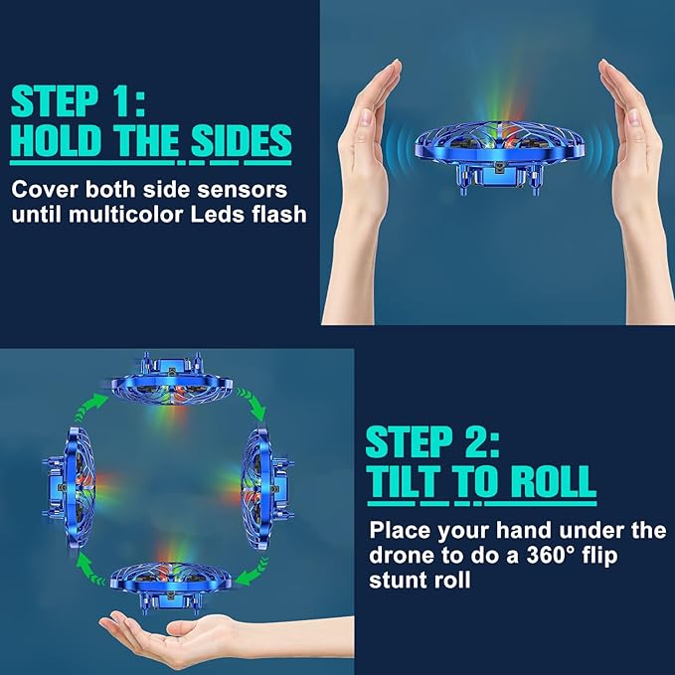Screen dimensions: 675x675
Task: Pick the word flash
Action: (272, 214)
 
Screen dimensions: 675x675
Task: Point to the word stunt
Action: (399, 580)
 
